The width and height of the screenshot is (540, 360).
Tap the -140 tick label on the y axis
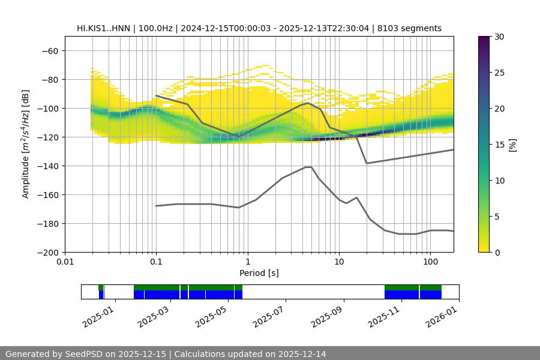pos(48,166)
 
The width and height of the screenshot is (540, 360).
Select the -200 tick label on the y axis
pos(48,252)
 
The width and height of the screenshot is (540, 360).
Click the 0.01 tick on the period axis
pos(65,261)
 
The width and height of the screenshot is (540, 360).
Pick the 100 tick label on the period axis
pos(430,261)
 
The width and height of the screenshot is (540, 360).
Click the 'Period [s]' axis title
pos(259,273)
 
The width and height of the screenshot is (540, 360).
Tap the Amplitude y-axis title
pos(26,144)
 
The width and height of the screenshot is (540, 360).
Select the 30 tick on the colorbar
pos(499,37)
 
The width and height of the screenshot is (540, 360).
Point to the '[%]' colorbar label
pos(512,145)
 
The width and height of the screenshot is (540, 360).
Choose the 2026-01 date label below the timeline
pos(443,315)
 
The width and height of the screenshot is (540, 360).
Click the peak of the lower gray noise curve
pos(308,167)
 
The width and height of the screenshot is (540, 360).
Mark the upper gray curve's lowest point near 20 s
pos(367,163)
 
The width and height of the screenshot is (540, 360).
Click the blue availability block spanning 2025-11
pos(412,295)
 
